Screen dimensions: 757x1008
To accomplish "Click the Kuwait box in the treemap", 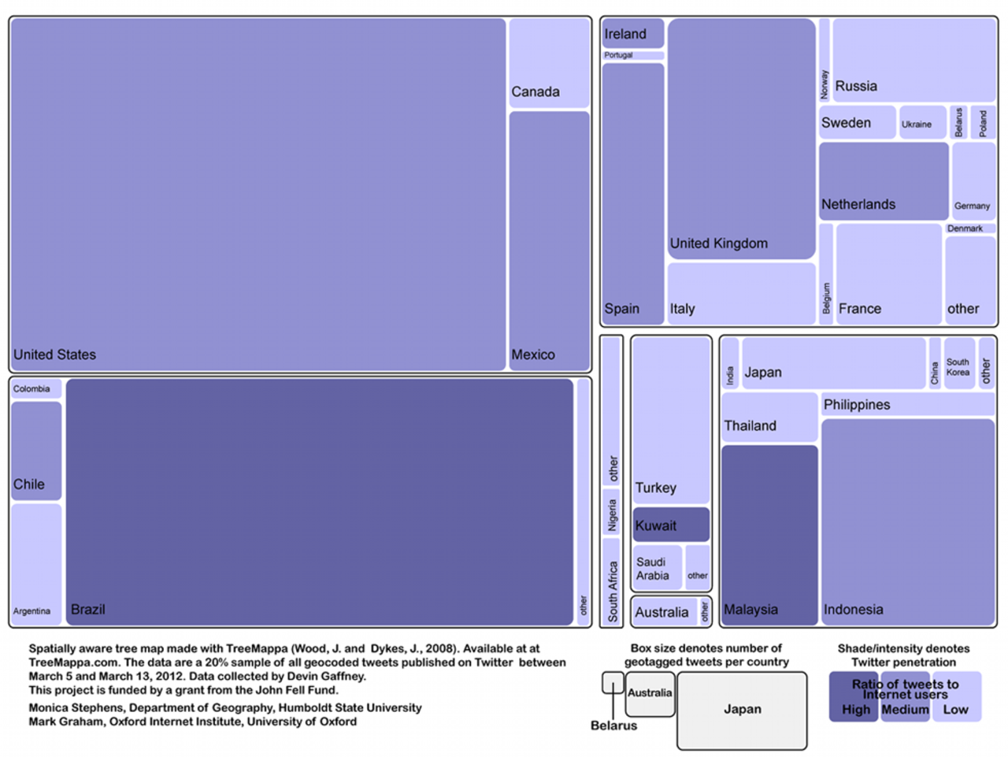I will tap(671, 525).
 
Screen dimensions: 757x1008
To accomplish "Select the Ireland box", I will tap(633, 34).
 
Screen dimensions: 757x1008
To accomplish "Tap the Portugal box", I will tap(633, 55).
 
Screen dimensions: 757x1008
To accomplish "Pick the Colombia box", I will tap(36, 388).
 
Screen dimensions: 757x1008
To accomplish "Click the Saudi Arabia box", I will tap(657, 568).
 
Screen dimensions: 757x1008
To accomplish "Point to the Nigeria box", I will tap(612, 514).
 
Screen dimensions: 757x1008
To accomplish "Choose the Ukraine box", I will tap(922, 123).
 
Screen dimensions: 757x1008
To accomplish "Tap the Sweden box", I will tap(857, 123).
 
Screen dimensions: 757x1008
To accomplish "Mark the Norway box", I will tap(825, 60).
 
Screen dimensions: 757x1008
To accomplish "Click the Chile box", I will tap(36, 451).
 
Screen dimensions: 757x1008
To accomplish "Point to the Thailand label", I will tap(750, 426).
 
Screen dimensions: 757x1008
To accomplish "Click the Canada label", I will tap(535, 92).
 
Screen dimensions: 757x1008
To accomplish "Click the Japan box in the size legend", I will tap(742, 710).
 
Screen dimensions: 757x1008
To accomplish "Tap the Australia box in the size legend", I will tap(650, 694).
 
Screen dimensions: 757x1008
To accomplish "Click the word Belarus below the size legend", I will tap(613, 725).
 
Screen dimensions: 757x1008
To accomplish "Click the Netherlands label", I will tap(858, 205).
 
